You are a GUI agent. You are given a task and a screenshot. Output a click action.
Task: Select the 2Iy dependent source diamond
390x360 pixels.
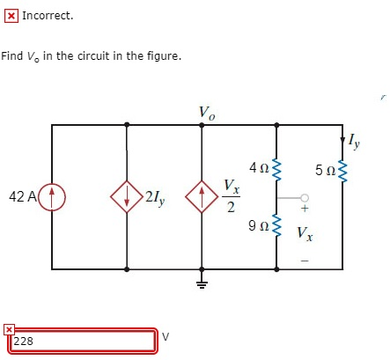tap(128, 196)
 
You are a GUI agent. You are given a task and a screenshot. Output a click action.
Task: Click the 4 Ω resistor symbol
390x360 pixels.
tap(278, 165)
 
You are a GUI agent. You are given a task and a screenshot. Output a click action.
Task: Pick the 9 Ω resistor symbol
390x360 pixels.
tap(278, 227)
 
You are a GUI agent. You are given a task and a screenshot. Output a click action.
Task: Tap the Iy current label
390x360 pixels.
tap(354, 140)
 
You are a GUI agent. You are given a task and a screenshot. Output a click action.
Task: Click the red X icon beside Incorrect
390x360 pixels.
tap(11, 16)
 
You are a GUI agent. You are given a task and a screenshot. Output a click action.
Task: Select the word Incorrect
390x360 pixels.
tap(48, 16)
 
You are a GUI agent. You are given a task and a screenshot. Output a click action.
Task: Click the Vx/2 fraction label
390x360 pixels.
tap(230, 196)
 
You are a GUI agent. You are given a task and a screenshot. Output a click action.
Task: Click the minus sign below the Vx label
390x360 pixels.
tap(305, 258)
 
